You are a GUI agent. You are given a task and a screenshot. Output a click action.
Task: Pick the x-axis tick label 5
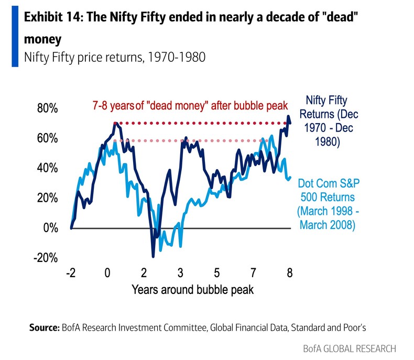[216, 273]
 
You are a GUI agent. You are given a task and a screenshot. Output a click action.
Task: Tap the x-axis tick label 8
[289, 273]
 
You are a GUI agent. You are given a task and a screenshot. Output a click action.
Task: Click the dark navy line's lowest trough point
[153, 256]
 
